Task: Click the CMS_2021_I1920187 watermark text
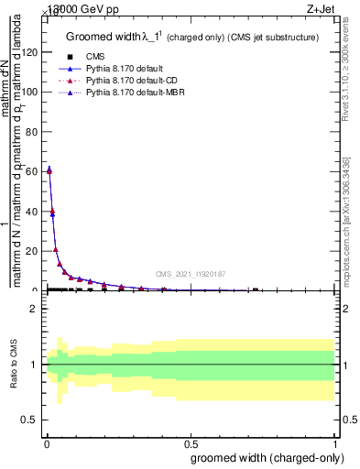[x=190, y=274]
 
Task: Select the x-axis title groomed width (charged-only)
[x=267, y=456]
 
